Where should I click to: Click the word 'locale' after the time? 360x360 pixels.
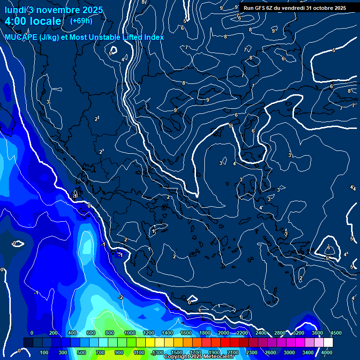(46, 22)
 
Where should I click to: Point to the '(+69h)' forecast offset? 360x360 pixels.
(81, 21)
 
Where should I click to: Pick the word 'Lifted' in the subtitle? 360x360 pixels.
(133, 37)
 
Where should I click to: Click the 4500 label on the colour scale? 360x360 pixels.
(336, 333)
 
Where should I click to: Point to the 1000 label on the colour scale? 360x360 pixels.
(130, 333)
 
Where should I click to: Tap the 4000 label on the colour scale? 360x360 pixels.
(326, 352)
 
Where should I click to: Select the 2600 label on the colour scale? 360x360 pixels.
(270, 352)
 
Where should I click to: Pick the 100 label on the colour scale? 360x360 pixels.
(45, 352)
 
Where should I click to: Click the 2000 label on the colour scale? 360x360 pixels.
(224, 333)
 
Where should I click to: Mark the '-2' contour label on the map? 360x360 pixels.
(120, 297)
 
